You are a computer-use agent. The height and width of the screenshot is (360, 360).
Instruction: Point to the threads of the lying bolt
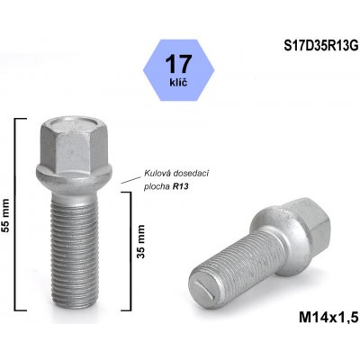pyautogui.click(x=236, y=260)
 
